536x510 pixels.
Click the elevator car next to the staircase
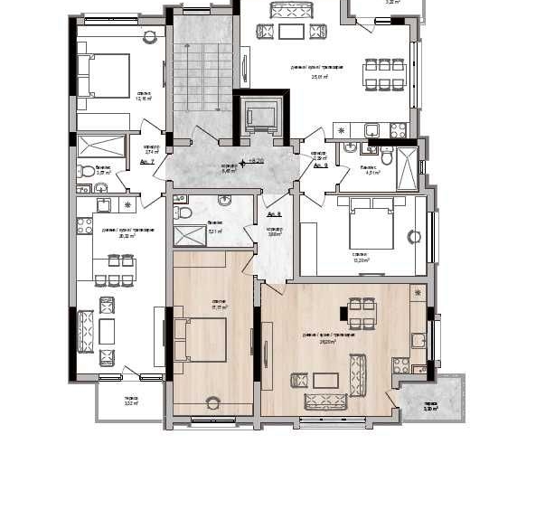(x=260, y=115)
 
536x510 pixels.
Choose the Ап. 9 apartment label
(x=320, y=165)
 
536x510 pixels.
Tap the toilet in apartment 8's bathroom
(x=184, y=212)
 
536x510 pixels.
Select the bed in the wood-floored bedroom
(x=204, y=340)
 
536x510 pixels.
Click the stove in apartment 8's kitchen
(x=400, y=366)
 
